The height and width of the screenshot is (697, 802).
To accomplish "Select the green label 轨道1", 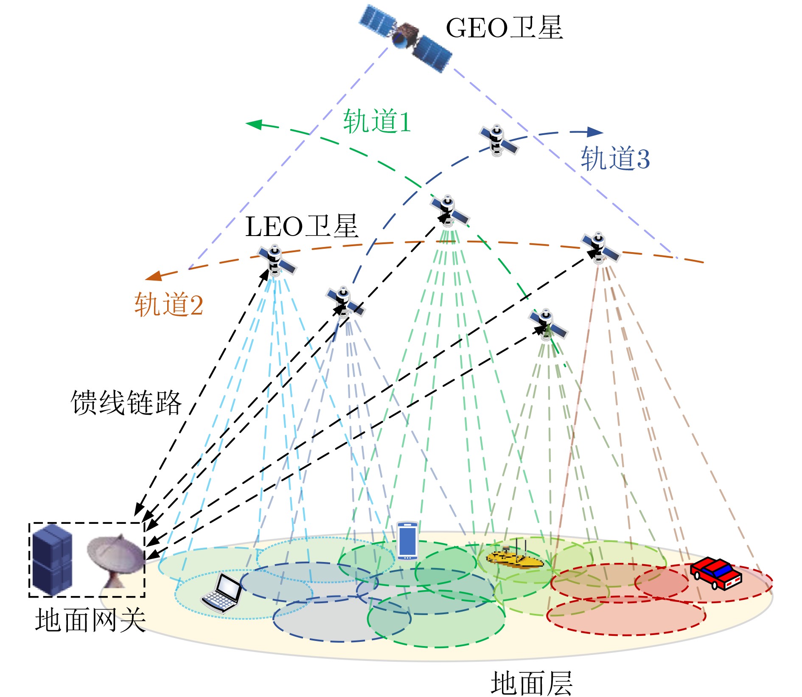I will click(x=377, y=121).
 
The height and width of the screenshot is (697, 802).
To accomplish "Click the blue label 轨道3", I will click(x=615, y=159).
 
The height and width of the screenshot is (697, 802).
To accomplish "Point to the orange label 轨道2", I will click(x=168, y=305).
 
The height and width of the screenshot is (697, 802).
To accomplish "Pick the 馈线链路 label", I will click(x=126, y=402).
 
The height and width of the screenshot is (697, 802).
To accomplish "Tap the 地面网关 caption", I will click(x=90, y=621).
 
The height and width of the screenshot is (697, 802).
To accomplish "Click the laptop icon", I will click(x=222, y=593).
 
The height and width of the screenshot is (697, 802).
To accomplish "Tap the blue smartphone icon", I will click(x=407, y=540).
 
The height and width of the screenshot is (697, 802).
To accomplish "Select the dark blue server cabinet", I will click(x=52, y=559).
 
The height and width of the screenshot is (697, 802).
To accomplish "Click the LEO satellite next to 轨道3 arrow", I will click(x=498, y=141).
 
